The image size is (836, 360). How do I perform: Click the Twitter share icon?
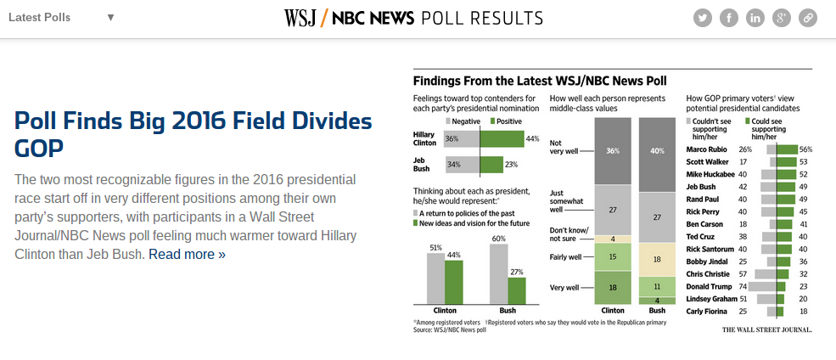click(x=703, y=18)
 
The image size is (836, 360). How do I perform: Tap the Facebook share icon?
click(x=729, y=18)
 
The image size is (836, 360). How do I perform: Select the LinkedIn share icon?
click(x=755, y=18)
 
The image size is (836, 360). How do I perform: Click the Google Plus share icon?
click(x=782, y=18)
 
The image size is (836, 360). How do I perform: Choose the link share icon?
click(x=808, y=18)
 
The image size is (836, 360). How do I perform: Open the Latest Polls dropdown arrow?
click(x=110, y=18)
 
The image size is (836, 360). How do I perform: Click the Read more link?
click(x=187, y=255)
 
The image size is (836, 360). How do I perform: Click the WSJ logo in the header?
click(x=300, y=18)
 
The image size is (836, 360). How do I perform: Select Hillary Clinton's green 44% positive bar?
click(x=502, y=139)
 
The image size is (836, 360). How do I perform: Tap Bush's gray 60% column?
click(x=499, y=274)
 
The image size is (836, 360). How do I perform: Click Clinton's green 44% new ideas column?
click(x=454, y=283)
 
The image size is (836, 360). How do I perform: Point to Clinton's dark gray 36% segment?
click(x=613, y=151)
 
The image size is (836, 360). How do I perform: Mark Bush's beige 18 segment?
click(x=657, y=260)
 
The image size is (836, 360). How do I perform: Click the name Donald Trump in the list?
click(x=708, y=286)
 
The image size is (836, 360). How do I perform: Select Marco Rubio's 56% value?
click(x=805, y=149)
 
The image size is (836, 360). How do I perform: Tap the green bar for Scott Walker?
click(x=787, y=161)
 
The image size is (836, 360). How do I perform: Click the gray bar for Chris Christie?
click(x=766, y=274)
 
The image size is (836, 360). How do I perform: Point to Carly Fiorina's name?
click(x=705, y=311)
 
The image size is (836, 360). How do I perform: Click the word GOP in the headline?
click(x=38, y=148)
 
